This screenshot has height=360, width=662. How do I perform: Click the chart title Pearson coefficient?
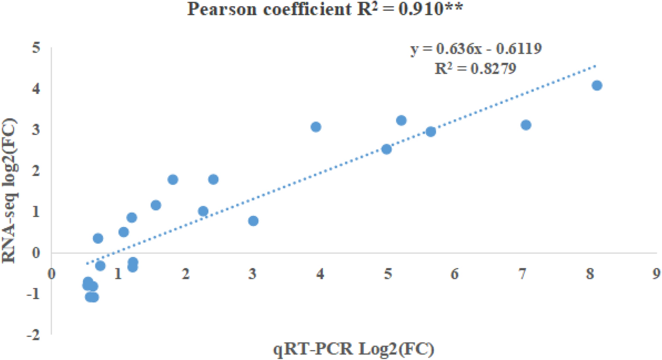pyautogui.click(x=325, y=9)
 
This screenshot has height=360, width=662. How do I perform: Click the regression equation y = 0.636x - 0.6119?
pyautogui.click(x=476, y=49)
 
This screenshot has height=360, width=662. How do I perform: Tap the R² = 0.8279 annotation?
pyautogui.click(x=475, y=68)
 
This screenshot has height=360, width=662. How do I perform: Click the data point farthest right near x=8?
pyautogui.click(x=597, y=85)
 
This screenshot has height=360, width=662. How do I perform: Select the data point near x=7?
pyautogui.click(x=526, y=125)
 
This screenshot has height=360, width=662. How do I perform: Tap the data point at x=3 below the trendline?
pyautogui.click(x=253, y=221)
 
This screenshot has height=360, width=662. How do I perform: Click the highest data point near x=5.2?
pyautogui.click(x=401, y=120)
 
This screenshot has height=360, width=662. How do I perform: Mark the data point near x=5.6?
pyautogui.click(x=431, y=132)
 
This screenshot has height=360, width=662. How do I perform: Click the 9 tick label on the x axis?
pyautogui.click(x=656, y=274)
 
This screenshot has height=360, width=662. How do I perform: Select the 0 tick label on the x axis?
pyautogui.click(x=51, y=274)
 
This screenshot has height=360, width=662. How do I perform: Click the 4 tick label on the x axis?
pyautogui.click(x=320, y=274)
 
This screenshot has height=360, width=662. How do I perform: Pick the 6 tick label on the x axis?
pyautogui.click(x=454, y=274)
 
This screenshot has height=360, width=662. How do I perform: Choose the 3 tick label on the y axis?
pyautogui.click(x=36, y=129)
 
